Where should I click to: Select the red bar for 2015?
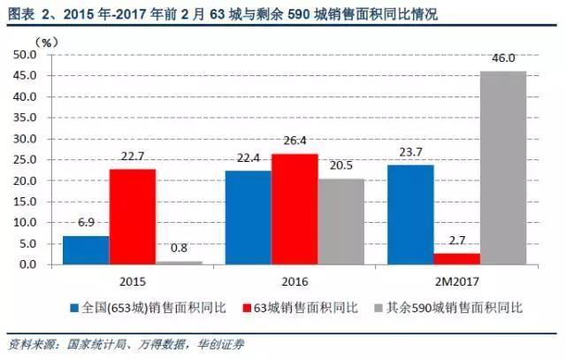133,217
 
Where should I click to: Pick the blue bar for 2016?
248,218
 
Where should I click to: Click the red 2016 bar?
294,210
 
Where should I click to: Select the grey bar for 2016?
340,221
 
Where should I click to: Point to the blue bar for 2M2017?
409,215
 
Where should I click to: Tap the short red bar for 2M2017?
456,259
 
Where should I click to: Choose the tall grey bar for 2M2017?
502,168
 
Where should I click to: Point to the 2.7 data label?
456,241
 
